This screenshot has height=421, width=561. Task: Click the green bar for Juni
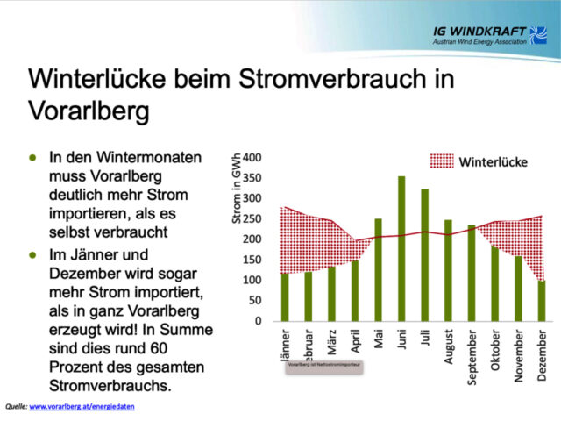(401, 249)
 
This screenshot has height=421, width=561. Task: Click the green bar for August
(448, 270)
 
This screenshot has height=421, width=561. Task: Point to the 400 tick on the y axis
(252, 158)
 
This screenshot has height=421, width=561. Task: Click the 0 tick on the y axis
(259, 321)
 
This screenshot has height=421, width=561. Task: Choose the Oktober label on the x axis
(494, 351)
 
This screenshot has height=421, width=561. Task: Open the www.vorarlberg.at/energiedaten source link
(82, 407)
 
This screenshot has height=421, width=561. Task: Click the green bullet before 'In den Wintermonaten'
(33, 158)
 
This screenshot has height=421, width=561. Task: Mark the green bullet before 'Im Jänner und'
(33, 254)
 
